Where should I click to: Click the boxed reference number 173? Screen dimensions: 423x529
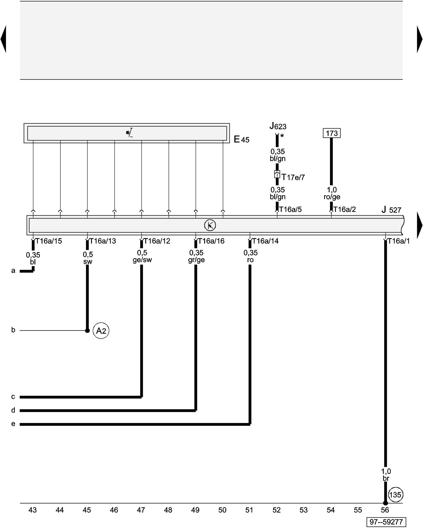332,133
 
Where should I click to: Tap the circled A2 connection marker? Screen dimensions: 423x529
101,331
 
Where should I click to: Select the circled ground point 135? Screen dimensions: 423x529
395,495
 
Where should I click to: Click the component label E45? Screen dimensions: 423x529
241,139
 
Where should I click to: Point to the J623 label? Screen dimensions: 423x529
278,126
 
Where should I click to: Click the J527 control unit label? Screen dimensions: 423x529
391,210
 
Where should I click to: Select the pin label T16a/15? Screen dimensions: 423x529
48,241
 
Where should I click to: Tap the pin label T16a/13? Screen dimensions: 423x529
103,241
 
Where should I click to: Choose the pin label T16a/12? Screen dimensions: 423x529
157,241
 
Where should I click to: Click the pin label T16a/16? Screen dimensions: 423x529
211,241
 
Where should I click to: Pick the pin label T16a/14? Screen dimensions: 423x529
265,241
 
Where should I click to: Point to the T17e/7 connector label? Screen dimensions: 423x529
293,177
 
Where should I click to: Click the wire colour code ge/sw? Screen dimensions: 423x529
142,260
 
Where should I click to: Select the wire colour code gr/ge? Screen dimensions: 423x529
196,260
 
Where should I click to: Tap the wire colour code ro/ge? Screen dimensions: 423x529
332,197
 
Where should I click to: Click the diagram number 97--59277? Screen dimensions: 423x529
386,522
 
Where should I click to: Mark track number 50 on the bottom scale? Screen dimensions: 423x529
222,510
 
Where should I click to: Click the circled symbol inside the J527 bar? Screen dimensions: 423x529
210,225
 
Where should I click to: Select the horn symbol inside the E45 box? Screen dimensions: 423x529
129,133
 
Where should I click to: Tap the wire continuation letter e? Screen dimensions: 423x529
13,424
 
